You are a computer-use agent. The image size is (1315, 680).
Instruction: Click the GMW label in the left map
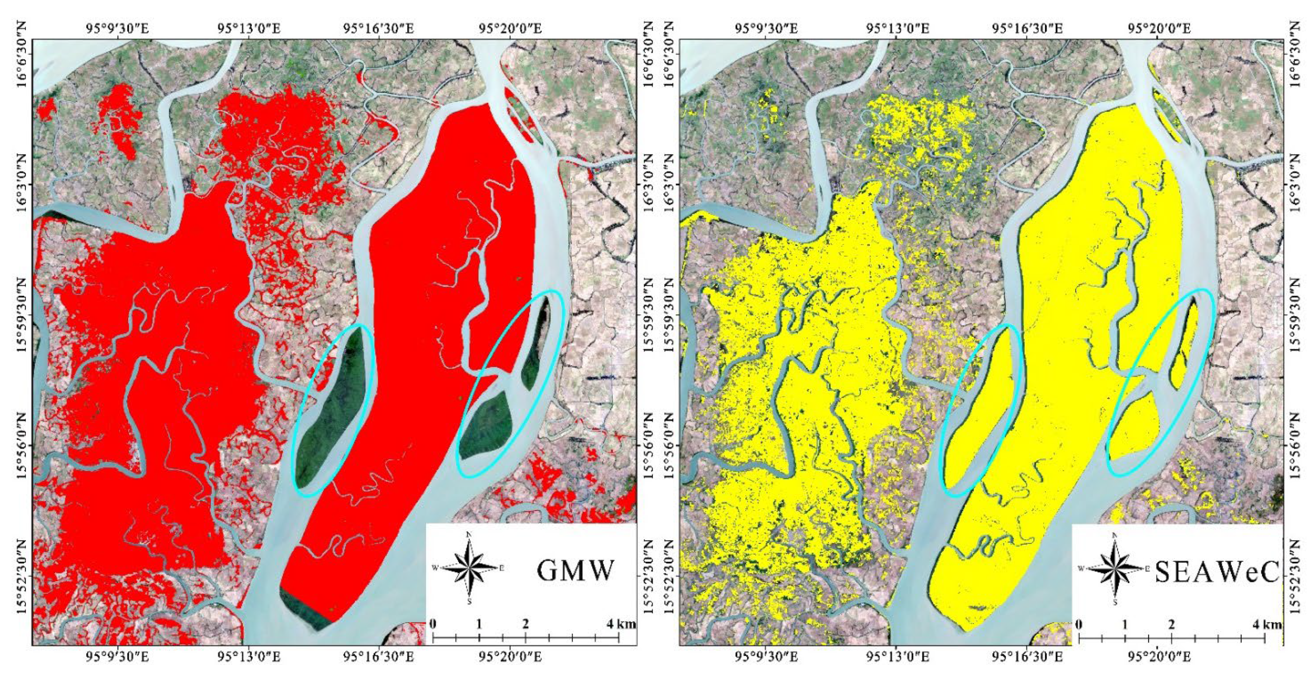[575, 570]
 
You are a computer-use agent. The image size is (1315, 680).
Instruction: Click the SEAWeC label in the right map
[1216, 571]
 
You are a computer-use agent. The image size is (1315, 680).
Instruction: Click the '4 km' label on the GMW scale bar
[621, 624]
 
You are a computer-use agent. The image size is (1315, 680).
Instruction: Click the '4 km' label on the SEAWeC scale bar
[1267, 624]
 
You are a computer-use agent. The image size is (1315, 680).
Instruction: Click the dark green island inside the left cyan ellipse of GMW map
[334, 408]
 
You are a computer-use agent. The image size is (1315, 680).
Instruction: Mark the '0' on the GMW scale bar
[433, 624]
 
